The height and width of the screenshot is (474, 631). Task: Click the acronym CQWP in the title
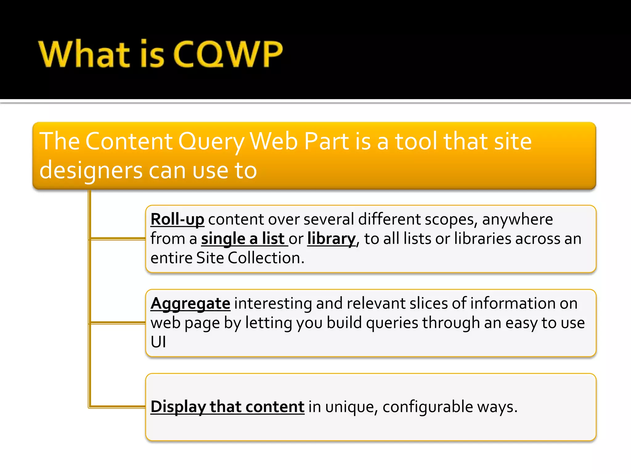pyautogui.click(x=228, y=54)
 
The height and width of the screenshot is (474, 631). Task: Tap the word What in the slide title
pyautogui.click(x=84, y=54)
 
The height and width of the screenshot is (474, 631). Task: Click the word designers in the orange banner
pyautogui.click(x=91, y=171)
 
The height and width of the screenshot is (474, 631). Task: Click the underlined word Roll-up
pyautogui.click(x=177, y=219)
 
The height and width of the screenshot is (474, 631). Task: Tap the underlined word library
pyautogui.click(x=331, y=239)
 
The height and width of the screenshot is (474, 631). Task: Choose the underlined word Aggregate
pyautogui.click(x=190, y=303)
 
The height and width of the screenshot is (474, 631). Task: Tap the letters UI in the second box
pyautogui.click(x=158, y=342)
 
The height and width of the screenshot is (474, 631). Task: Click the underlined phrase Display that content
pyautogui.click(x=227, y=407)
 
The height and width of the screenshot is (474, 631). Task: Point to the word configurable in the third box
pyautogui.click(x=428, y=407)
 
